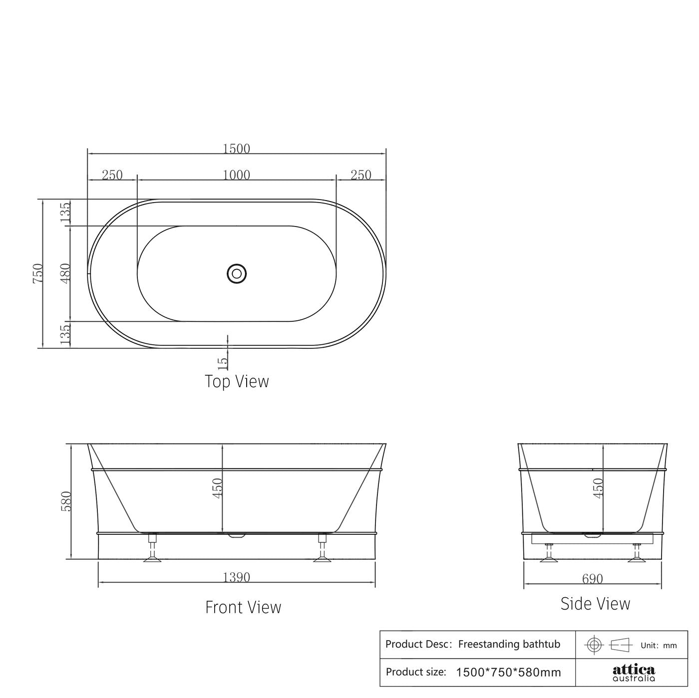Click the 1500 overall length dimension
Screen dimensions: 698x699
[x=236, y=148]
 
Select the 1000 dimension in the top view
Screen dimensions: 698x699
[x=236, y=175]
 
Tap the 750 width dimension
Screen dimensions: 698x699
[x=38, y=273]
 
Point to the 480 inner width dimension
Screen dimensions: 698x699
[x=65, y=273]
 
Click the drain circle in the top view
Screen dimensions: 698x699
[x=237, y=273]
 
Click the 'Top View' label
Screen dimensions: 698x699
[x=237, y=381]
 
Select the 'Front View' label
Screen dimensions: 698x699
[x=243, y=607]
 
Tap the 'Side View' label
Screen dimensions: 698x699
[x=595, y=604]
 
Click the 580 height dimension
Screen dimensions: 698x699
[x=66, y=501]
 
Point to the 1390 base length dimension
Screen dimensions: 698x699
[x=236, y=577]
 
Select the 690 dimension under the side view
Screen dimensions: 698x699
[x=593, y=579]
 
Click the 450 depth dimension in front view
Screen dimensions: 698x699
[x=217, y=488]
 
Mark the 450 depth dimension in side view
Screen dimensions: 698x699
[x=598, y=488]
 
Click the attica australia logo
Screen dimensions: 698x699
[x=634, y=673]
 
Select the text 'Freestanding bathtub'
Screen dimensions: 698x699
[x=509, y=644]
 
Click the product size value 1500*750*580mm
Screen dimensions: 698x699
[x=508, y=672]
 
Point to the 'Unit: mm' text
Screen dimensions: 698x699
[x=659, y=645]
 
